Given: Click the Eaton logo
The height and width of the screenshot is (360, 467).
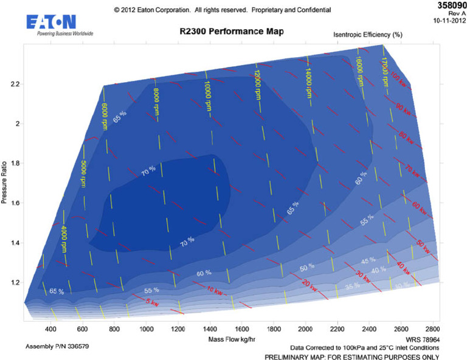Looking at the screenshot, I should (x=52, y=24).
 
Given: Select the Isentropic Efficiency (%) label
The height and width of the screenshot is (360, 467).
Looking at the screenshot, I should (x=367, y=35).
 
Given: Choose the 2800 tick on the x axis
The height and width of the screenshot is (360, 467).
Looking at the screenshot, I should (x=433, y=329).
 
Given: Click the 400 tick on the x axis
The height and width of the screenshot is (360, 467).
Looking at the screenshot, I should (x=50, y=329).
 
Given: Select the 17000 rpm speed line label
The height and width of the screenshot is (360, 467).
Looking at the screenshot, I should (x=384, y=71).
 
